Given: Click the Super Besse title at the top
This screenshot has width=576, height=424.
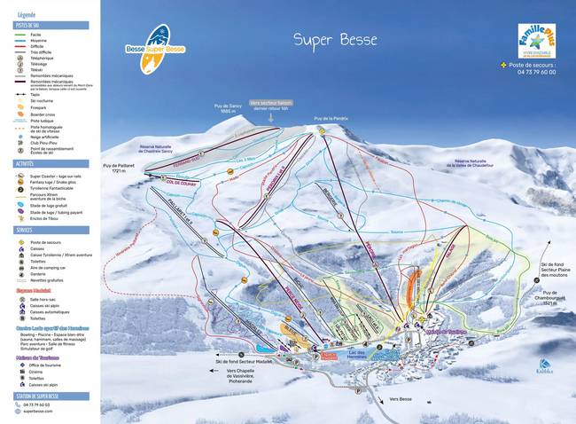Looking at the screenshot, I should tap(335, 40).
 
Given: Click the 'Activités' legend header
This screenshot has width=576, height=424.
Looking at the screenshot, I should tap(25, 164).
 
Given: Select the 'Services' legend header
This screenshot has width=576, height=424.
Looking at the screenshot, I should tap(24, 230).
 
